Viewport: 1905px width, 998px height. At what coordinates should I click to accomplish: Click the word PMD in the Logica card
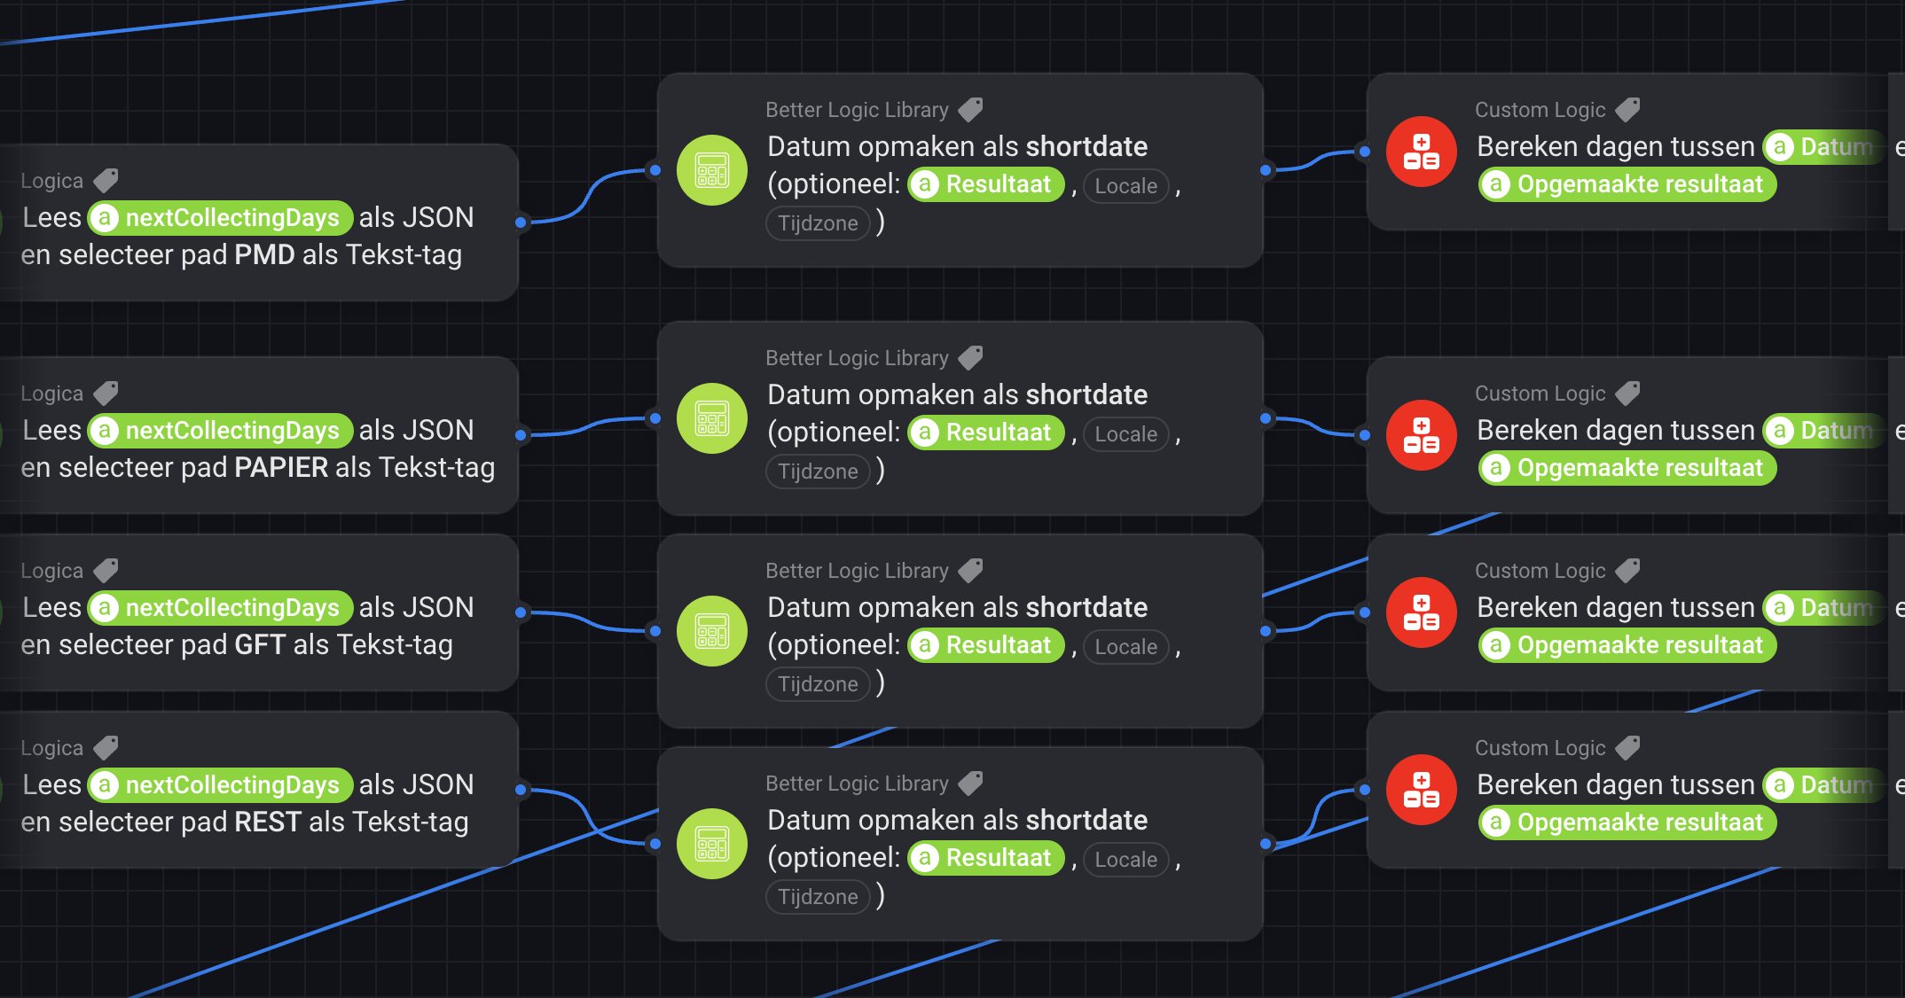pos(264,255)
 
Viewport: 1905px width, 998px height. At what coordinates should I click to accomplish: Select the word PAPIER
pos(281,468)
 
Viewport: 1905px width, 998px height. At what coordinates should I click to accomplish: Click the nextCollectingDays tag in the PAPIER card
pos(221,431)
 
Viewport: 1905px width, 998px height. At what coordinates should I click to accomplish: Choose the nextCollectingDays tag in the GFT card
pos(221,608)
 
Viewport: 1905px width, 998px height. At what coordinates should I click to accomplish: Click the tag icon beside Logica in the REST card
pos(106,748)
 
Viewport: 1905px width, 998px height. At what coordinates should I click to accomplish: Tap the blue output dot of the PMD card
pos(521,222)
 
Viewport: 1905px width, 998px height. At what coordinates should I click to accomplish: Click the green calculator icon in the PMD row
pos(712,170)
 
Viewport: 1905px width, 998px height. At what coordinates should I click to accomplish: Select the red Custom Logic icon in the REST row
pos(1422,790)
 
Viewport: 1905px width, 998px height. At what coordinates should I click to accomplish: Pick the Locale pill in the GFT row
pos(1125,647)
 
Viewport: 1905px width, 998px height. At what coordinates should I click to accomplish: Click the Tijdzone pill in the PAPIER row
pos(818,472)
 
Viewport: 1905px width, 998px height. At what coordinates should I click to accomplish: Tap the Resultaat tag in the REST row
pos(986,858)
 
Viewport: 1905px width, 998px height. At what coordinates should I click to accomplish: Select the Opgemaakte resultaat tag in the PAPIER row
pos(1627,468)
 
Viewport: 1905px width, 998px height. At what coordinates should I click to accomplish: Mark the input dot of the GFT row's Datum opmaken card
pos(655,631)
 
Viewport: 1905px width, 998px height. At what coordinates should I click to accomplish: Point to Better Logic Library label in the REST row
pos(857,784)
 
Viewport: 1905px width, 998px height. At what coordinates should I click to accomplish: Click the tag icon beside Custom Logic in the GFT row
pos(1628,571)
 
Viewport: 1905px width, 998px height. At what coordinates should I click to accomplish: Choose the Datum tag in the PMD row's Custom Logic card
pos(1823,146)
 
